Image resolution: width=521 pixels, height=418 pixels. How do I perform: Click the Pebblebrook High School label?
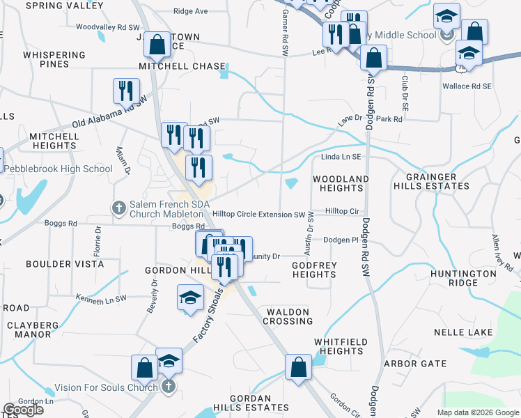pos(59,169)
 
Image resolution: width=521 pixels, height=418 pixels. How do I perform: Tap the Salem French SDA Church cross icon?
pos(118,208)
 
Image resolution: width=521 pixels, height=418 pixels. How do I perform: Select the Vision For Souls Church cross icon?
pos(167,387)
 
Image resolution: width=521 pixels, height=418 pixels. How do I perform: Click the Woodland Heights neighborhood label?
pos(341,184)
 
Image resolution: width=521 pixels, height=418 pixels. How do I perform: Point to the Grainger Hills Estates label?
pos(431,182)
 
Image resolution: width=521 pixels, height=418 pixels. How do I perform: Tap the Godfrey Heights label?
pos(314,270)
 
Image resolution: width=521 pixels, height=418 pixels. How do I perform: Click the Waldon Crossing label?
pos(288,316)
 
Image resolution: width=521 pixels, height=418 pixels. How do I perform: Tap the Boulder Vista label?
pos(65,265)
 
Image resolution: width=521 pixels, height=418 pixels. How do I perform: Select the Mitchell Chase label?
pos(182,67)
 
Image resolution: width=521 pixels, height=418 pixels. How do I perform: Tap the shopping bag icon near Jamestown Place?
pos(158,45)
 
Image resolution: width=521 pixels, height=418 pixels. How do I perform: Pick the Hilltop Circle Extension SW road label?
pos(259,215)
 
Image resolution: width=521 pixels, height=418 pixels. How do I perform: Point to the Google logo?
pos(23,410)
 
